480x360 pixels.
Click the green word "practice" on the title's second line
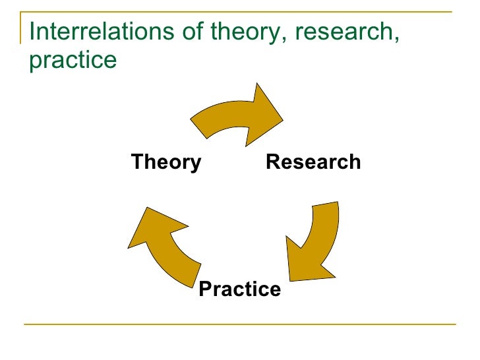point(73,61)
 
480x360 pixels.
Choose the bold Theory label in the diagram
point(166,162)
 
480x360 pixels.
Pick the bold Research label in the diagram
point(313,162)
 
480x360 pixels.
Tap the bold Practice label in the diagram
point(239,289)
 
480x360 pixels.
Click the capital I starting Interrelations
point(33,31)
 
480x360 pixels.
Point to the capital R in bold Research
point(272,162)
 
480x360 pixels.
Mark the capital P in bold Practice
point(205,289)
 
